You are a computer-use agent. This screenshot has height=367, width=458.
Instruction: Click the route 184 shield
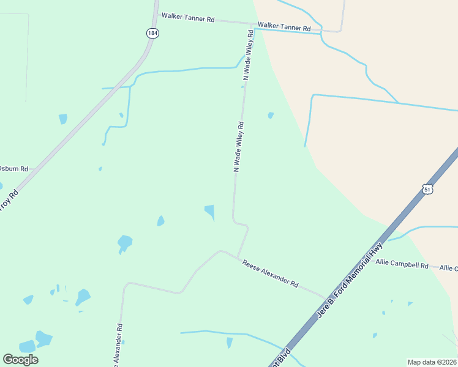tap(152, 33)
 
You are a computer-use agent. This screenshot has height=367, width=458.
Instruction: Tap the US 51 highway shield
tap(427, 190)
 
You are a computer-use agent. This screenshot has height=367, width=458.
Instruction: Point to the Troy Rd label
tap(9, 201)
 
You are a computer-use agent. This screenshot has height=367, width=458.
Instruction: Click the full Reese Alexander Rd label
tap(270, 274)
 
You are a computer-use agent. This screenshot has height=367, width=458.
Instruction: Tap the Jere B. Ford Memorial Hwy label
tap(350, 280)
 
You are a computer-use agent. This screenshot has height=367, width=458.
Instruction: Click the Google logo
tap(20, 360)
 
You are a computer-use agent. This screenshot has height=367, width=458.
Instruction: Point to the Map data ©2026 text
tap(432, 362)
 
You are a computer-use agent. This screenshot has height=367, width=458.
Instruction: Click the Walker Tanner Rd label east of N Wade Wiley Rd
tap(284, 27)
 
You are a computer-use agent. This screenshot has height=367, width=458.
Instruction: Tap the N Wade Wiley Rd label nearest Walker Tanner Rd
tap(248, 54)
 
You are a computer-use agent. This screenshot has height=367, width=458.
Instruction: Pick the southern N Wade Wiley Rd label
tap(239, 147)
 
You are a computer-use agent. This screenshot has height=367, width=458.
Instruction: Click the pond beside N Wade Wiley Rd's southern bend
tap(209, 212)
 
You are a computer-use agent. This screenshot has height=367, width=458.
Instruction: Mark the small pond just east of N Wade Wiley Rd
tap(270, 115)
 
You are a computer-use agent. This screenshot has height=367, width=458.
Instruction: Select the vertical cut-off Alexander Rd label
tap(119, 346)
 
